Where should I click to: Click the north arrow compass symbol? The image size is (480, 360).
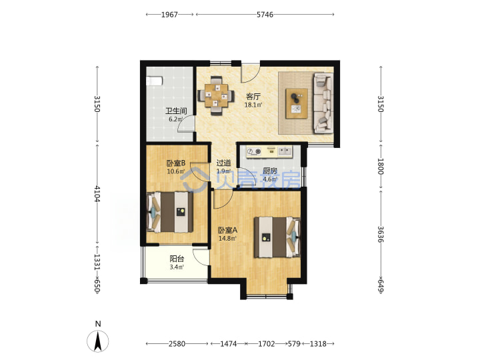97,341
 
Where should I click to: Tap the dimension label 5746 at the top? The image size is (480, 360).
265,15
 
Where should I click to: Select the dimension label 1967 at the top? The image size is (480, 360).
169,15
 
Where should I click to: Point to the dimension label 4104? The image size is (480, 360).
97,194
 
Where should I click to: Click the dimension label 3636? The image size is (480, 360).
381,234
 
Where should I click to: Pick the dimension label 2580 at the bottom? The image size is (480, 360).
177,344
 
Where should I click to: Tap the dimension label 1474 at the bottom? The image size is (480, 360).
229,344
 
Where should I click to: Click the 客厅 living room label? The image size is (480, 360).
253,97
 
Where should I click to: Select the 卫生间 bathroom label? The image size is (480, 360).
176,111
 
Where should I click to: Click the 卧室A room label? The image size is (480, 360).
227,230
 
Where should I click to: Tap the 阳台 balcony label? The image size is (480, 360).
177,259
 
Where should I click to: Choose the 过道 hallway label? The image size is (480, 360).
223,163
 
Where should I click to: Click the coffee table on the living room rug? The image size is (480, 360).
296,103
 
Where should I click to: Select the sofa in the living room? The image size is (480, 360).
323,103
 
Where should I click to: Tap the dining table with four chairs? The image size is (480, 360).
216,95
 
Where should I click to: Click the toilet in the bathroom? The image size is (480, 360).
154,81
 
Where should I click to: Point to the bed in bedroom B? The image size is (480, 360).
170,212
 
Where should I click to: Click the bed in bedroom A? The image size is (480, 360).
277,237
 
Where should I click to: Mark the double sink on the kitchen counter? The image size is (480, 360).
285,151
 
